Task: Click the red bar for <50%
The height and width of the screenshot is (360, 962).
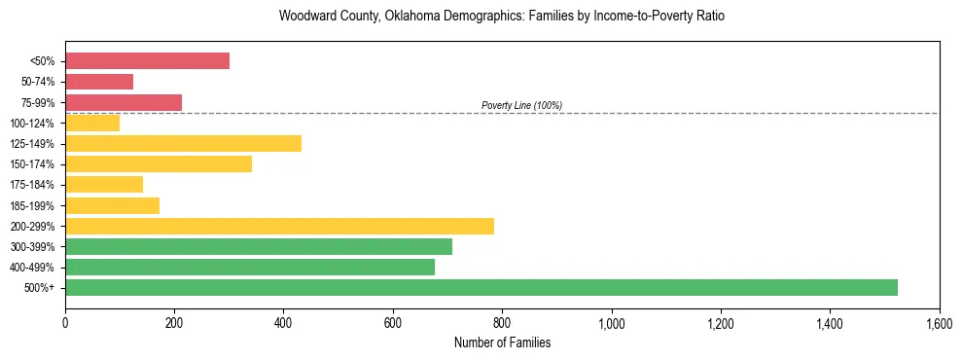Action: (x=147, y=61)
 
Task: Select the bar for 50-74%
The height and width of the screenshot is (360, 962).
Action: (x=99, y=82)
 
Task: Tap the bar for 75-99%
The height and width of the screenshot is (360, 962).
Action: (x=124, y=102)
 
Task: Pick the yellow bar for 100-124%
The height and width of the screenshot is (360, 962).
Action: (x=92, y=123)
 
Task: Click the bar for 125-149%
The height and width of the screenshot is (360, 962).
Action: (x=183, y=143)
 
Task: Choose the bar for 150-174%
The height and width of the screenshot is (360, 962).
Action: (x=159, y=163)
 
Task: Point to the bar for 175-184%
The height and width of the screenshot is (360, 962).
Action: (x=104, y=184)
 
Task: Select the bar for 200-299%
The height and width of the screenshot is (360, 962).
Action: (x=279, y=226)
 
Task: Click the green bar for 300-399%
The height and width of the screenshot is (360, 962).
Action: (x=259, y=246)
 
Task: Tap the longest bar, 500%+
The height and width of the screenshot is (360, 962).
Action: (x=481, y=287)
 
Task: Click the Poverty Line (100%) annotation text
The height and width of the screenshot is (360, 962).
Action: (x=521, y=105)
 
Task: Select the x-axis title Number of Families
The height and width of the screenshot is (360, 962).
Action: (x=502, y=342)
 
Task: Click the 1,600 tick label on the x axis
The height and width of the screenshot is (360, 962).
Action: (x=939, y=322)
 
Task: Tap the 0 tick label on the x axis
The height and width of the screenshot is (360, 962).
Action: (x=65, y=322)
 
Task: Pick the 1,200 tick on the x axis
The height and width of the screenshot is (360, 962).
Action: (x=721, y=322)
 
